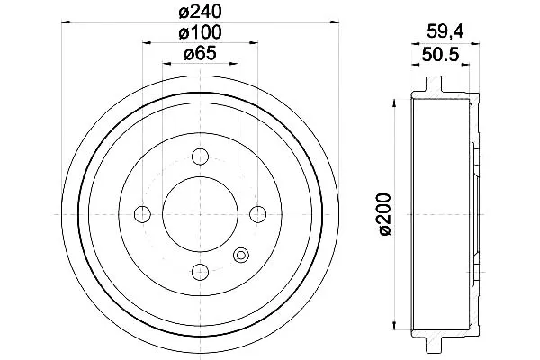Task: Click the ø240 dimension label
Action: point(200,13)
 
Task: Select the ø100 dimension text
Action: point(200,32)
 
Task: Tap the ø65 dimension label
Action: point(200,53)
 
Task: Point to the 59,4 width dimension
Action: point(445,32)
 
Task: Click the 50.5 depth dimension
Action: point(440,55)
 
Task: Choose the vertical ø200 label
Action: point(385,214)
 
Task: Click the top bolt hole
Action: point(200,157)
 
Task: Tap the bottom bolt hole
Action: point(200,272)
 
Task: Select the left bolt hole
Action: point(142,214)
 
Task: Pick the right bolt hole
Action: point(258,214)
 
